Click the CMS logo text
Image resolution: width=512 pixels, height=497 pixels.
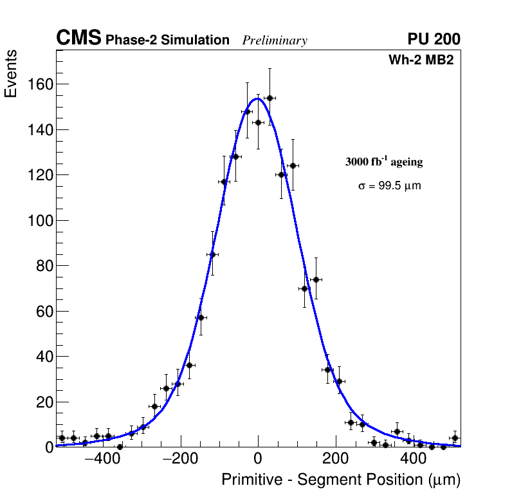click(x=78, y=39)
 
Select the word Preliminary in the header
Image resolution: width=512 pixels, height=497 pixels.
click(x=275, y=41)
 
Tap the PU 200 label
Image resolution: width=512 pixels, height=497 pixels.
click(x=434, y=39)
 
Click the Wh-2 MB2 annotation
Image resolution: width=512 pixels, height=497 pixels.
click(x=425, y=61)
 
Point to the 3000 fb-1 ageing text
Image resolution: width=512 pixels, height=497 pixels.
click(x=384, y=162)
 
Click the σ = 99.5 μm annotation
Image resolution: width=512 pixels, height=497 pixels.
click(x=390, y=186)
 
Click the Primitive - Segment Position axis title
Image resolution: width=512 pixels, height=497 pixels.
click(x=341, y=480)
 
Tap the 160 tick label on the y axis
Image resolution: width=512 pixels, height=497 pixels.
click(x=39, y=84)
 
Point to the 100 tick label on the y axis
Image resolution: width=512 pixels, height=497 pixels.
click(x=39, y=220)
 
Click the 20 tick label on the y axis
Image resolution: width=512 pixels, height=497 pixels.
click(x=43, y=402)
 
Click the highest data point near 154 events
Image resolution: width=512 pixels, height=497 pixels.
click(x=270, y=98)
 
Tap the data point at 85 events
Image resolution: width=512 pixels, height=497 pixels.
click(x=212, y=254)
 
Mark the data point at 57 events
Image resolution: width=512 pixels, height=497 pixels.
click(x=201, y=317)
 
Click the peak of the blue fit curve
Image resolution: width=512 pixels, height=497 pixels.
click(x=258, y=98)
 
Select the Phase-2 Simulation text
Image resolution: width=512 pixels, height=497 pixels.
click(x=167, y=40)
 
